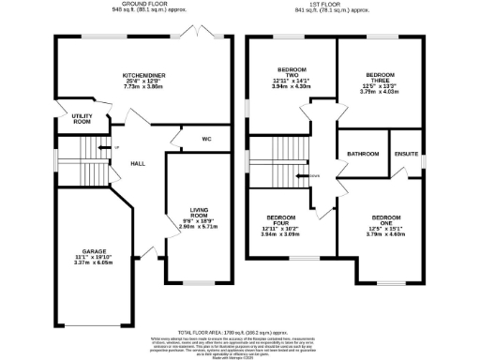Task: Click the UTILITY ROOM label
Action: tap(81, 119)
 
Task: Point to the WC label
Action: tap(205, 141)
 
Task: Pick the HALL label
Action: tap(137, 161)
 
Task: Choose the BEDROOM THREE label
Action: tap(380, 78)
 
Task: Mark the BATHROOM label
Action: tap(362, 154)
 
